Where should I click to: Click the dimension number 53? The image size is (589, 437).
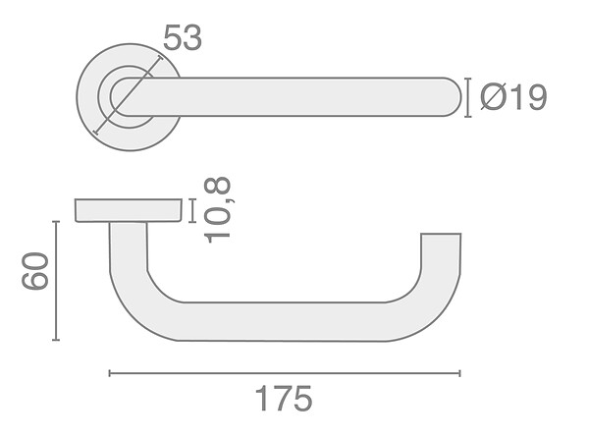tap(183, 37)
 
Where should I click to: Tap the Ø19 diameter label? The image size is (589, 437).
tap(513, 97)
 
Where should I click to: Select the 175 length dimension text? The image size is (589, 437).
tap(284, 399)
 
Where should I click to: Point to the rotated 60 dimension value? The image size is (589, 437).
tap(35, 271)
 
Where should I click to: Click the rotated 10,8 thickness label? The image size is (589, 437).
tap(217, 210)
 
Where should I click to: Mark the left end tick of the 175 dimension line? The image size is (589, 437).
tap(109, 373)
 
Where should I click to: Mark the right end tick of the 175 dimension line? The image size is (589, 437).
tap(459, 373)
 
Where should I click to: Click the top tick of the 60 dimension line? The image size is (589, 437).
tap(56, 222)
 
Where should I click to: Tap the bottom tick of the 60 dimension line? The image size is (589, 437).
tap(56, 340)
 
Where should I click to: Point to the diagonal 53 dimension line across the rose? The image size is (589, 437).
tap(128, 94)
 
